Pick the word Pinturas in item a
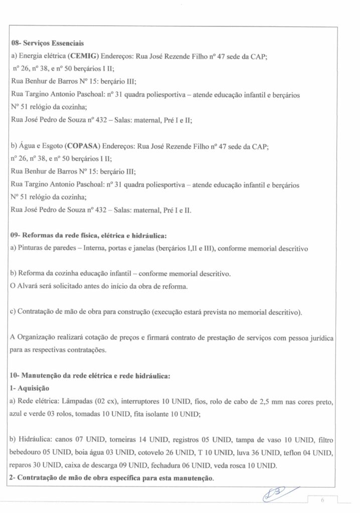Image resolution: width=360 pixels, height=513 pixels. (x=31, y=247)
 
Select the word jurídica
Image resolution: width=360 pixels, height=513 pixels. (x=319, y=337)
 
